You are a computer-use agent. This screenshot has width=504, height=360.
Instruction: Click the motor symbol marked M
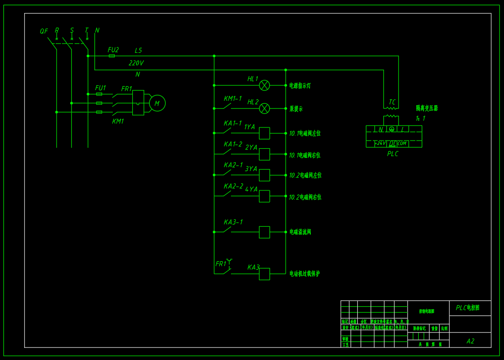click(x=157, y=103)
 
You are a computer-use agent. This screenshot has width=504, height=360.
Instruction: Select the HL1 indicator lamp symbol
click(x=264, y=85)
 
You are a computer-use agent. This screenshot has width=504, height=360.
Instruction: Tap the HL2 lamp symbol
click(x=264, y=109)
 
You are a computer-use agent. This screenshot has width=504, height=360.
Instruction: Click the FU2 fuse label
click(x=113, y=50)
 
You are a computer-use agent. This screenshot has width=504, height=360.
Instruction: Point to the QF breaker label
click(x=44, y=31)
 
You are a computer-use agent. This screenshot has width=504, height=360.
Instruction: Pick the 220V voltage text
click(x=136, y=63)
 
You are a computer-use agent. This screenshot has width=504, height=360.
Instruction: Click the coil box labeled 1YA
click(x=264, y=133)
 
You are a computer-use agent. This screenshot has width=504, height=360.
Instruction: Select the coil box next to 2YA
click(x=264, y=154)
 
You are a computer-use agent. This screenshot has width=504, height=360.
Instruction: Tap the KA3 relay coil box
click(x=264, y=274)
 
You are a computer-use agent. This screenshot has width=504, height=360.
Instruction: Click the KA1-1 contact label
click(x=232, y=123)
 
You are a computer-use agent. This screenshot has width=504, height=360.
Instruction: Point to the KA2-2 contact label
click(x=233, y=186)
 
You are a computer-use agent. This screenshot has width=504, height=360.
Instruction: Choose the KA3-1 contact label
click(x=233, y=222)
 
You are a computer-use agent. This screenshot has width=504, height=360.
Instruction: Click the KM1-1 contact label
click(x=232, y=99)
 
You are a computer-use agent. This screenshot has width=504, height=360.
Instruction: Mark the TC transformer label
click(x=392, y=102)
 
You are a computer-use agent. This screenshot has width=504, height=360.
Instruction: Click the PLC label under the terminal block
click(x=393, y=154)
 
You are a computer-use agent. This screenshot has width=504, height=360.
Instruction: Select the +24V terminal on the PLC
click(x=380, y=143)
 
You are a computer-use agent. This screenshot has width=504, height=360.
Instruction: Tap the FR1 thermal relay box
click(x=138, y=103)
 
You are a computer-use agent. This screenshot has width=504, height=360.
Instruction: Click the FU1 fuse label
click(x=100, y=88)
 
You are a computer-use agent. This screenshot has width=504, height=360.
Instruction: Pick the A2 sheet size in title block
click(x=470, y=341)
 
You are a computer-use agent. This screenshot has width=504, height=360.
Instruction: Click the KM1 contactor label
click(x=118, y=122)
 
